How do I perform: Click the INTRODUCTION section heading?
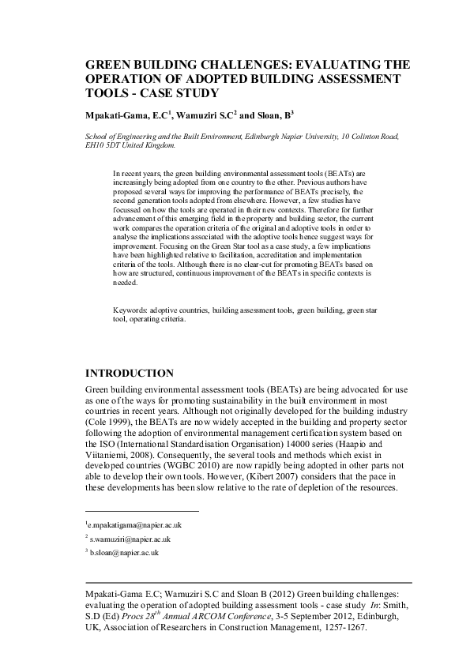coord(129,372)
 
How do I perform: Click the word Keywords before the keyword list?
coord(131,312)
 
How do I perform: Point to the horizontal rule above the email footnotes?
coord(141,511)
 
